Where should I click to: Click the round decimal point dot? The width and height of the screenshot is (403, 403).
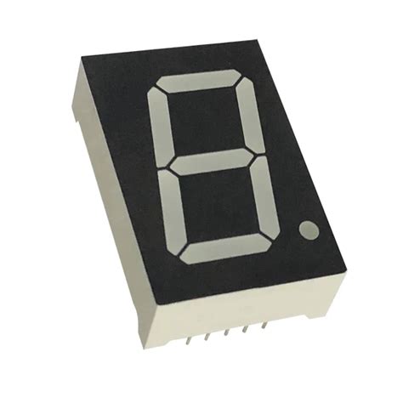(x=309, y=230)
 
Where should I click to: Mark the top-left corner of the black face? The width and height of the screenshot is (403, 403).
(x=82, y=62)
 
